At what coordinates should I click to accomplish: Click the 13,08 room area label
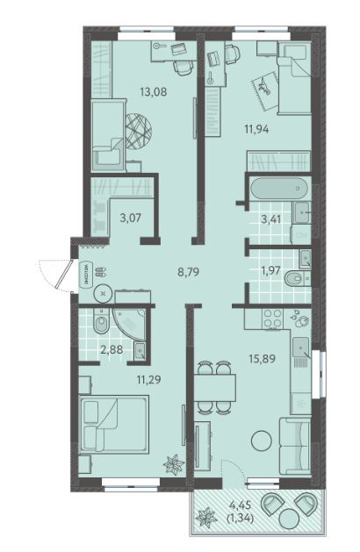coord(154,92)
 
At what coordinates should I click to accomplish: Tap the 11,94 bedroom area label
coord(256,129)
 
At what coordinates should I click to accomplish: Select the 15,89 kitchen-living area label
coord(263,359)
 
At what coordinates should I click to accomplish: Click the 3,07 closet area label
coord(130,218)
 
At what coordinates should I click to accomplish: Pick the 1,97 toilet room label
coord(270,270)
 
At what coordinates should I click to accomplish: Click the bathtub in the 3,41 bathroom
coord(278,190)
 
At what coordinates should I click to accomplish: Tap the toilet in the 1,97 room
coord(297,279)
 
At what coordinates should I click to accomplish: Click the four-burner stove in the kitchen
coord(273,318)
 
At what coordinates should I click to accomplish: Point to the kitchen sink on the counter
coord(301,348)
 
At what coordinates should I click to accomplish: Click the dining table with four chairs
coord(215,387)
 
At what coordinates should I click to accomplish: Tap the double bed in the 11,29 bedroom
coord(114,424)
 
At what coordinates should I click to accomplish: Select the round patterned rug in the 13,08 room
coord(139,131)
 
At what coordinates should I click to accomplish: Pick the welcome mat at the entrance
coord(86,272)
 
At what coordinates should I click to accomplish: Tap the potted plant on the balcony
coord(206,518)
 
